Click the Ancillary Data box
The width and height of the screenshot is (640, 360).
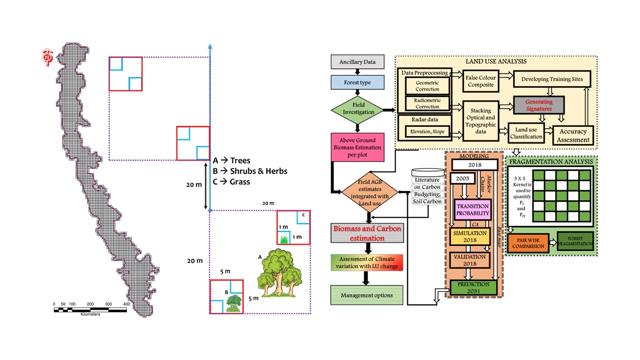pyautogui.click(x=357, y=62)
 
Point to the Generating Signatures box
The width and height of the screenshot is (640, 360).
pyautogui.click(x=538, y=105)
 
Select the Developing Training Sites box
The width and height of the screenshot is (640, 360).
pyautogui.click(x=555, y=79)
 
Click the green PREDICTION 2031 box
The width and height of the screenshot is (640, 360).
pyautogui.click(x=473, y=287)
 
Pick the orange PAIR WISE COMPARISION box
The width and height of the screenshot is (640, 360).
pyautogui.click(x=527, y=243)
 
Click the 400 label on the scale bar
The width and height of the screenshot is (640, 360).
pyautogui.click(x=126, y=304)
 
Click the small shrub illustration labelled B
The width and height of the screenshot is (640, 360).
pyautogui.click(x=232, y=303)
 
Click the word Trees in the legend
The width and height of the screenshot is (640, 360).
pyautogui.click(x=240, y=161)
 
